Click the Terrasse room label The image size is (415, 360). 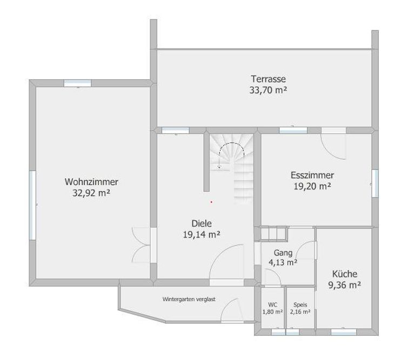pos(269,79)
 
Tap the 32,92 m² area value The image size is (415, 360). pos(91,193)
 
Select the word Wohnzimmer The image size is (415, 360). pos(91,182)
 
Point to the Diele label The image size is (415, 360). pos(202,223)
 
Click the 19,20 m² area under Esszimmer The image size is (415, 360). pos(312,186)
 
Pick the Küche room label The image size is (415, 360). pos(345,274)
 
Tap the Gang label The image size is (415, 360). pos(283,253)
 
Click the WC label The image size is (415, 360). pos(272,305)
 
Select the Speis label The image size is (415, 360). pos(300,305)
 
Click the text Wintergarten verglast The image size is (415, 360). pos(189,299)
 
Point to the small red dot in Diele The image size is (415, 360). pos(211,202)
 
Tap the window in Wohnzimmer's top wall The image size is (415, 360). pos(78,83)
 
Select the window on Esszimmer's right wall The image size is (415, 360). pos(375,183)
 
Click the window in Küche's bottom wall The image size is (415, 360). pos(344,332)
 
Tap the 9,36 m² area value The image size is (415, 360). pos(345,285)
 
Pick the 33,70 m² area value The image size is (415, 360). pos(269,90)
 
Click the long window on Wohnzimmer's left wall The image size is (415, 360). pos(32,206)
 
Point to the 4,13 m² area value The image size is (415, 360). pos(283,262)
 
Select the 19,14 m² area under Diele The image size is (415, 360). pos(202,235)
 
